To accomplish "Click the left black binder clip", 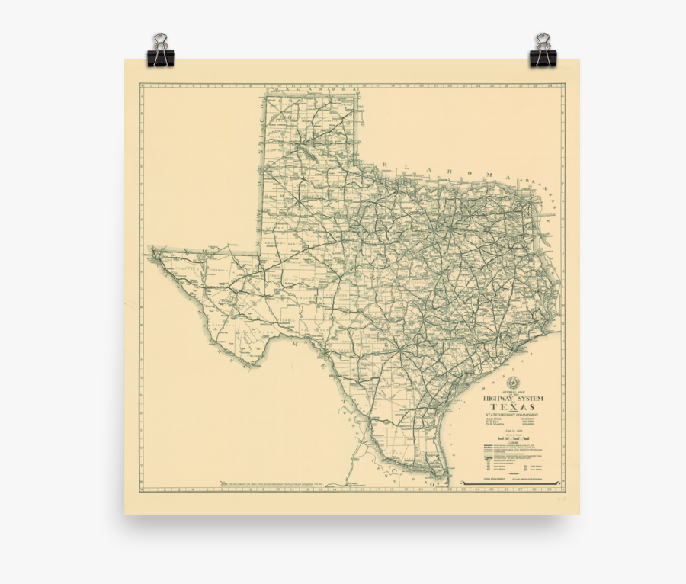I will [x=160, y=51].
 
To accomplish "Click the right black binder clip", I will [x=543, y=51].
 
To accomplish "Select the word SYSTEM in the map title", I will [x=531, y=399].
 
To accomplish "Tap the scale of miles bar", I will [x=512, y=439].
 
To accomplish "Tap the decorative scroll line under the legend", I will [x=511, y=482].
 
